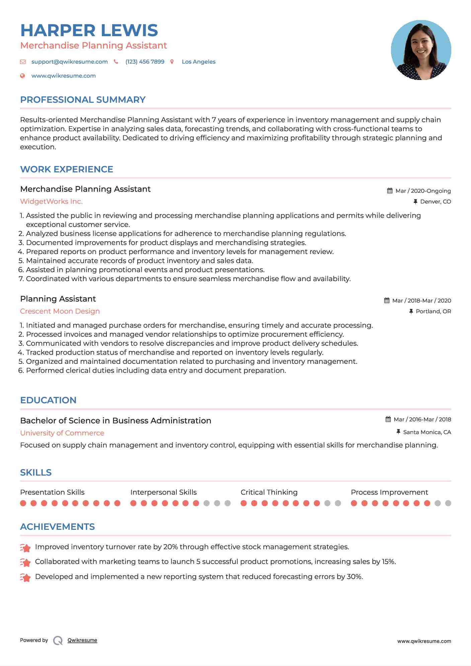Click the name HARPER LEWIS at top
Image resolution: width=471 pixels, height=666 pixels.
[89, 30]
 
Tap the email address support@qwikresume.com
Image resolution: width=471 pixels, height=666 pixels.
[69, 62]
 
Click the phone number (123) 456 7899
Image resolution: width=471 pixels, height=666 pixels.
[145, 62]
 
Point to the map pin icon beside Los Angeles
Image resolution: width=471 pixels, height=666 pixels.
[172, 62]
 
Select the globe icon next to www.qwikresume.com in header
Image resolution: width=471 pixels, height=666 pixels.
[22, 76]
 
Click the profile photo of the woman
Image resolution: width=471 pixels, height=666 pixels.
[421, 50]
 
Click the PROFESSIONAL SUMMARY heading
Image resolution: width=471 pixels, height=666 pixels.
[83, 100]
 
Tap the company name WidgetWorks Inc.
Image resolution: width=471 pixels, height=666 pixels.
[51, 201]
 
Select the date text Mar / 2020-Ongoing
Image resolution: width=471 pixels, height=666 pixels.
[423, 191]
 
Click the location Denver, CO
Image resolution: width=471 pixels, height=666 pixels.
[435, 201]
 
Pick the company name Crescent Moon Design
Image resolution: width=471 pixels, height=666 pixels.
[60, 311]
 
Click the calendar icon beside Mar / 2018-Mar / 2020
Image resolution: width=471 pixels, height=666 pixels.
[387, 301]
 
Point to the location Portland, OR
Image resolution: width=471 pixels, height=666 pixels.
[433, 311]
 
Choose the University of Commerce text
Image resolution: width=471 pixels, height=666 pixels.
[62, 433]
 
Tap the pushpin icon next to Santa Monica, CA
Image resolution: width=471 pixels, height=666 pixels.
[398, 432]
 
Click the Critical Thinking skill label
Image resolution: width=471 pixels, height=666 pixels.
[269, 492]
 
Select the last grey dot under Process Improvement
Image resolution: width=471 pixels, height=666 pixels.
[448, 503]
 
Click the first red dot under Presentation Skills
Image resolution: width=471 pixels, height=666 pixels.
[23, 503]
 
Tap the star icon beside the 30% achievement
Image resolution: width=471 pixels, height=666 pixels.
[25, 577]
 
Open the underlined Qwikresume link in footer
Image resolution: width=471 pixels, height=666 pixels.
[82, 640]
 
